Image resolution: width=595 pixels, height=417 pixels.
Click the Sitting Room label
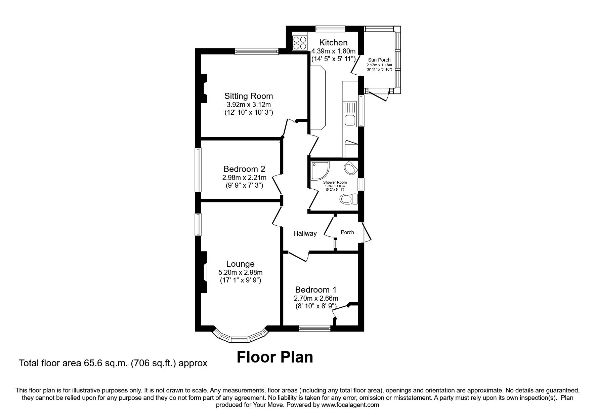pos(249,96)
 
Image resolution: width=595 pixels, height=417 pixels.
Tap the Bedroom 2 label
pos(244,169)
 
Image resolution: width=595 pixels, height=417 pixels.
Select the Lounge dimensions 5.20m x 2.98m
pos(241,272)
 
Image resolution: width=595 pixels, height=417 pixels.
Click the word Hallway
pos(305,233)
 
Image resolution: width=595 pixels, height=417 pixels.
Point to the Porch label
pos(347,232)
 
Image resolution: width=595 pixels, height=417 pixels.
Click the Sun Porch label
pos(379,60)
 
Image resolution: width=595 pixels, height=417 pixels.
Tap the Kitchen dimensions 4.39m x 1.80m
pos(333,51)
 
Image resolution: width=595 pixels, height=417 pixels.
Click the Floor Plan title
pos(274,357)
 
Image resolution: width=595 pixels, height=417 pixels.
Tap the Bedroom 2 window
pos(199,170)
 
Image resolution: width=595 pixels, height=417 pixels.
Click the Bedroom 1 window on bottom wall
pos(315,328)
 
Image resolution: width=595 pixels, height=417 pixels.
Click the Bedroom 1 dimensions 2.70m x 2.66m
pos(316,298)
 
